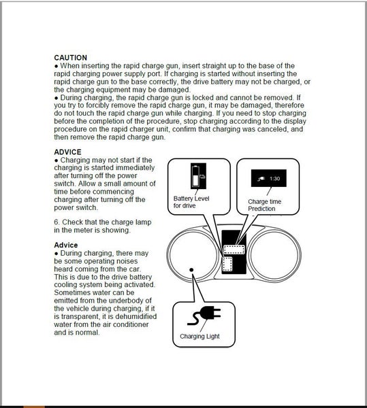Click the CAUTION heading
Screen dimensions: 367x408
click(71, 58)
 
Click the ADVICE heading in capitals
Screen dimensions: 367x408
click(67, 152)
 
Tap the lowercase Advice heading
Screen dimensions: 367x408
click(66, 245)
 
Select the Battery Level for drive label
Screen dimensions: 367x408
click(191, 202)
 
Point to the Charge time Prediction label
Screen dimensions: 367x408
click(264, 205)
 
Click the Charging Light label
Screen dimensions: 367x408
click(200, 336)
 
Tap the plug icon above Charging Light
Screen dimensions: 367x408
click(204, 316)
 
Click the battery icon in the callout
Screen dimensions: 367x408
click(198, 176)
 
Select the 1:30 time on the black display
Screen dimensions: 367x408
click(274, 178)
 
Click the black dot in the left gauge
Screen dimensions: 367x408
click(191, 270)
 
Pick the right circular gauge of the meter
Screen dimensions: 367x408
click(274, 255)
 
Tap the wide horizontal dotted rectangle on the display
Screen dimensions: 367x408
click(234, 250)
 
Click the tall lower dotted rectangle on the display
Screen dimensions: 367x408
click(227, 264)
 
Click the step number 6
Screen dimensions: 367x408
click(57, 222)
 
